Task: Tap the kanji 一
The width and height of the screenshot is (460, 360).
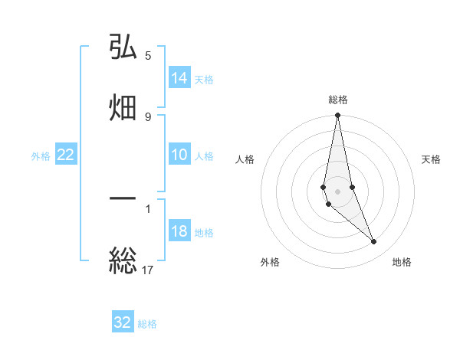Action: point(123,198)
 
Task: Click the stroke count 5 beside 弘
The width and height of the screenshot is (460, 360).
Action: point(148,56)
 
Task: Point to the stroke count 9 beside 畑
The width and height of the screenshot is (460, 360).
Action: point(148,116)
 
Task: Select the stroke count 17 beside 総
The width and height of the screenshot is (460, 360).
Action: point(148,269)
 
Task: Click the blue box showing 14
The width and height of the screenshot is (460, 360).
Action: point(179,78)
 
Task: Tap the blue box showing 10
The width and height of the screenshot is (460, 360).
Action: point(179,155)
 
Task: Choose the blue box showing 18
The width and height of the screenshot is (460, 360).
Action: point(179,231)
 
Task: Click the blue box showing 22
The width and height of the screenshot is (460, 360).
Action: point(66,155)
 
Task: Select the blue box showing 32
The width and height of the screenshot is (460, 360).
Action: point(123,322)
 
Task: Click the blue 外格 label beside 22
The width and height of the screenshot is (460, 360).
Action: point(41,156)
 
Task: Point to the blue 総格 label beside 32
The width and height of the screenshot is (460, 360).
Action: point(147,324)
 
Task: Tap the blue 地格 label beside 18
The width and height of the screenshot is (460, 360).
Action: point(204,233)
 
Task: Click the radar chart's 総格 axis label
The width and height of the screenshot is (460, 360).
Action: point(338,100)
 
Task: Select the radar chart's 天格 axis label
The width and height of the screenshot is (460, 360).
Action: point(431,159)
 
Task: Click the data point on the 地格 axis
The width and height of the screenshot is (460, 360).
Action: point(374,242)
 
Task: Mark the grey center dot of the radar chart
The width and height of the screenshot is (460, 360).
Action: point(338,191)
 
